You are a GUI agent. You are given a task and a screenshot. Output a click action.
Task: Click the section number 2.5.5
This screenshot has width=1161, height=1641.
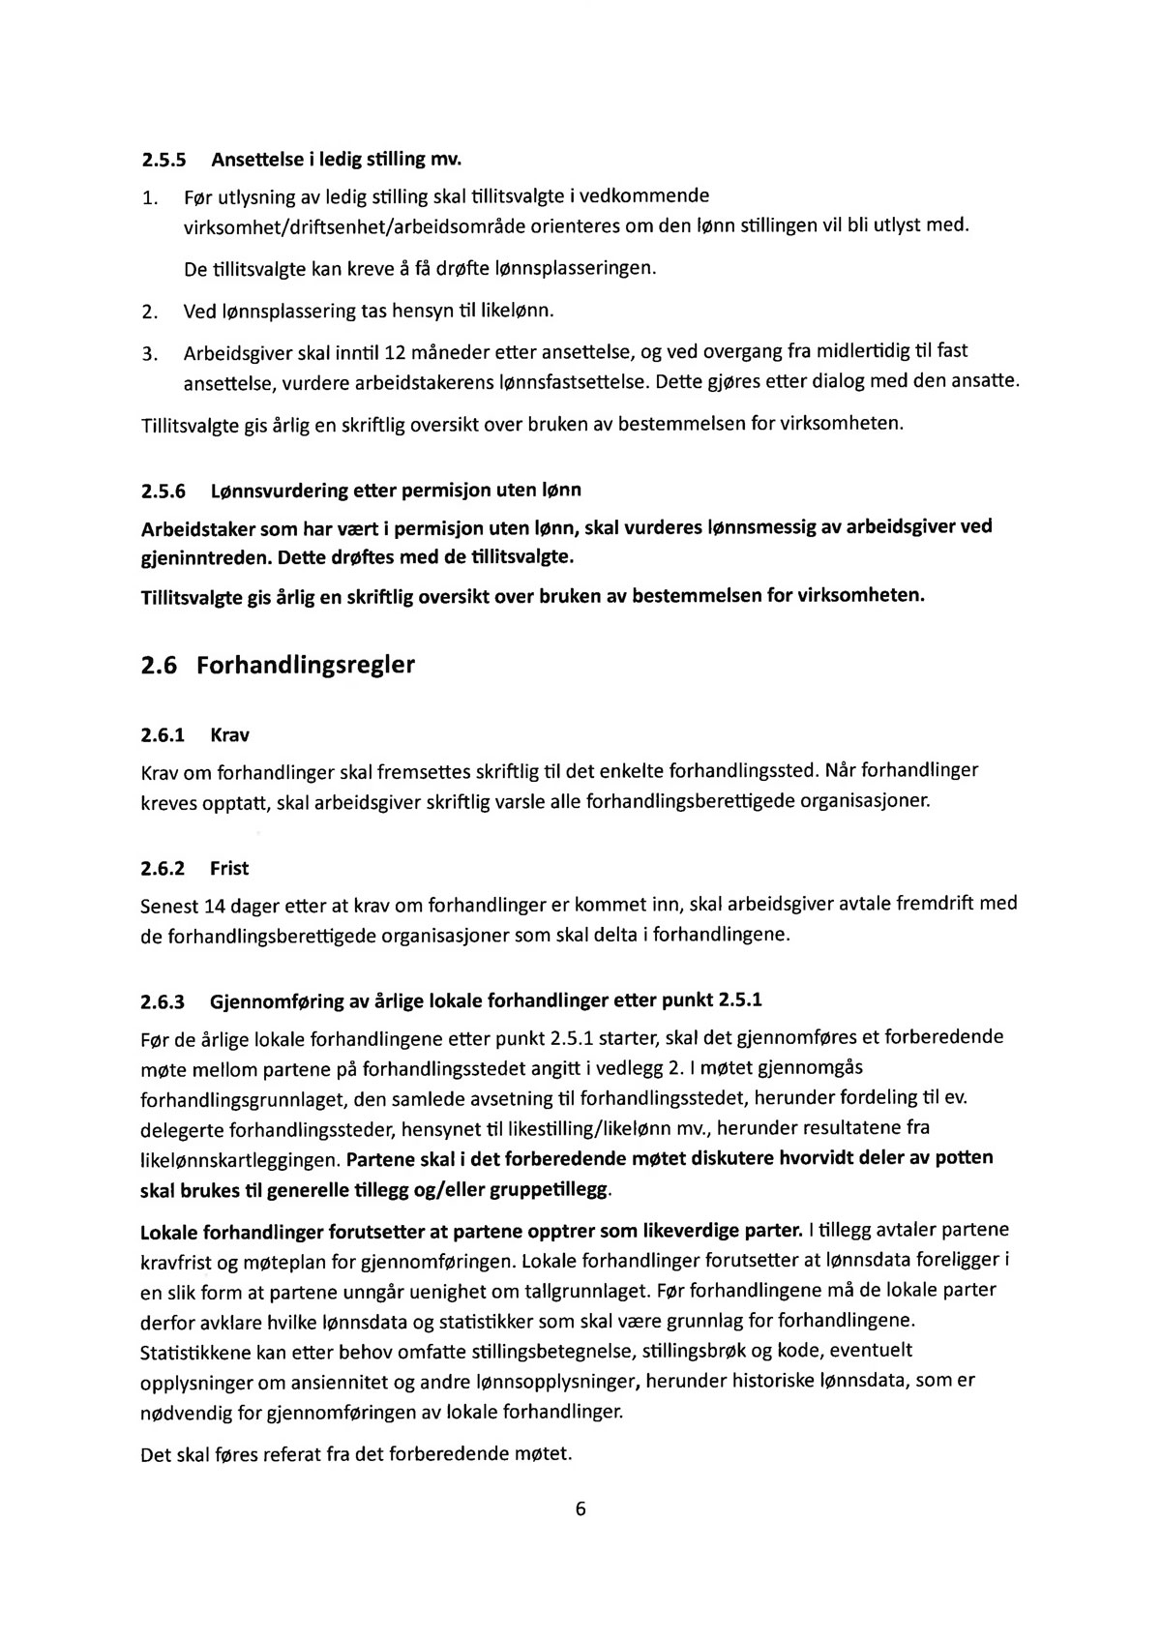[x=162, y=158]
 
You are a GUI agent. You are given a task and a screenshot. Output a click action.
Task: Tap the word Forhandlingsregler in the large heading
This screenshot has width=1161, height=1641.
[x=306, y=667]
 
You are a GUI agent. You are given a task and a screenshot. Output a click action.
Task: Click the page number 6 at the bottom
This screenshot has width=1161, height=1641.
[x=580, y=1510]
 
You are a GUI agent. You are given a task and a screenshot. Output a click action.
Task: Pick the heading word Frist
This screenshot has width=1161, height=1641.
[x=229, y=869]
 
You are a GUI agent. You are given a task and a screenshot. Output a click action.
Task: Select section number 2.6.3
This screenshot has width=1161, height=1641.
[x=162, y=1000]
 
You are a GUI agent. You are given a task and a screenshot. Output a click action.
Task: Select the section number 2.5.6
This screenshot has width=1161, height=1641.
[x=162, y=491]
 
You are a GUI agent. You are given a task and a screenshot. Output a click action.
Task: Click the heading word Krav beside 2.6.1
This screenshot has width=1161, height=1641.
[x=229, y=735]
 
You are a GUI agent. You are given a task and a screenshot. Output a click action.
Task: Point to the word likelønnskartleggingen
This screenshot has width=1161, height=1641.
[x=239, y=1159]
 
